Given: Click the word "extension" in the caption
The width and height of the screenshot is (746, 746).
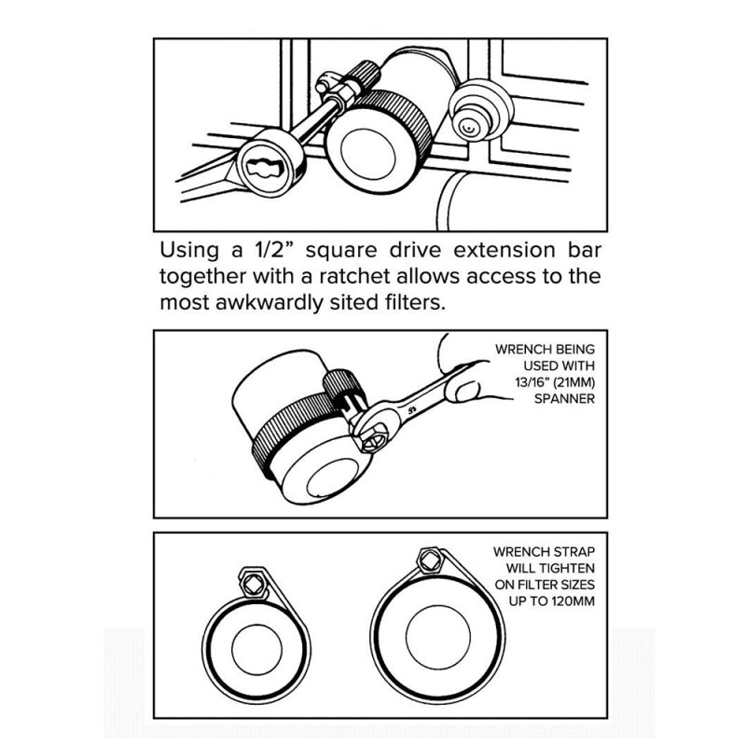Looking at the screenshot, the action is (504, 250).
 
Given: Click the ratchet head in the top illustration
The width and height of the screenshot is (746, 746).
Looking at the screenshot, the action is (265, 162).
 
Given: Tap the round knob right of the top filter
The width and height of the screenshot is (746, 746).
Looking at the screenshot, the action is (480, 111).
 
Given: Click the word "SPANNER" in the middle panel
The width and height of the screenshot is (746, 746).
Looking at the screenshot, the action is (564, 399).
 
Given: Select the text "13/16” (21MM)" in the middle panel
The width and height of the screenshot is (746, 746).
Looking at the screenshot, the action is (555, 382).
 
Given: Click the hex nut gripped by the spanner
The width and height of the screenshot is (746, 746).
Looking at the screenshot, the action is (372, 441).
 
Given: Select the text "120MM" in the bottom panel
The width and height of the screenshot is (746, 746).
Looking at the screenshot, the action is (573, 601).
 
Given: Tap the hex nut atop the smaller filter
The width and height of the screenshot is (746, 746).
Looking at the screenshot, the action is (253, 581).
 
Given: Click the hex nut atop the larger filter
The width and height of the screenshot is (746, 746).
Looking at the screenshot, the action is (431, 559).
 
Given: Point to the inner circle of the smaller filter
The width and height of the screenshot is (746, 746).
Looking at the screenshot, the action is (257, 624).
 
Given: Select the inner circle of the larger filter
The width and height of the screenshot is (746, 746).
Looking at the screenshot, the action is (438, 605).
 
